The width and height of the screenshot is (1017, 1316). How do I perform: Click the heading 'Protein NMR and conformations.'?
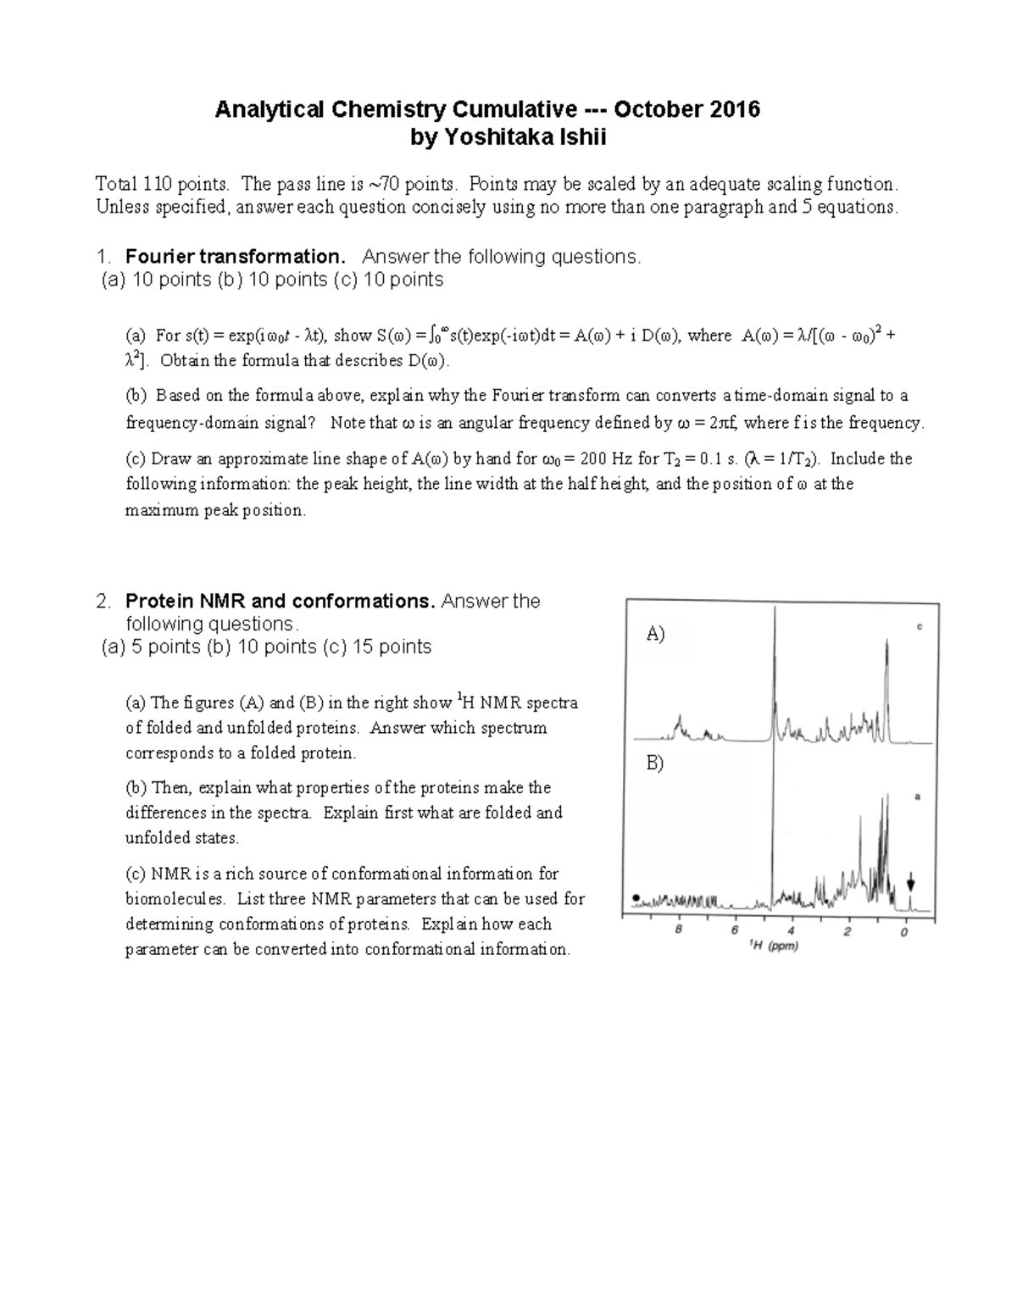[x=280, y=602]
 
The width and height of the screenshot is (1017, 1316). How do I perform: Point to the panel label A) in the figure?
[x=656, y=634]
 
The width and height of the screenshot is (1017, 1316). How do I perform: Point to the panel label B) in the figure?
[x=655, y=763]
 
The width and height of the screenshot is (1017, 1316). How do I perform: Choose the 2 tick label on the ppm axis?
[x=847, y=931]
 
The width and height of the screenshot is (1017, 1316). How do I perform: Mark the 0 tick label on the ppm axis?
[x=904, y=931]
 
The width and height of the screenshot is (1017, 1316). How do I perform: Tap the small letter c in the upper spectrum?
[x=919, y=627]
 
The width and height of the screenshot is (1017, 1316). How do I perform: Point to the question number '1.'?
[x=103, y=257]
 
